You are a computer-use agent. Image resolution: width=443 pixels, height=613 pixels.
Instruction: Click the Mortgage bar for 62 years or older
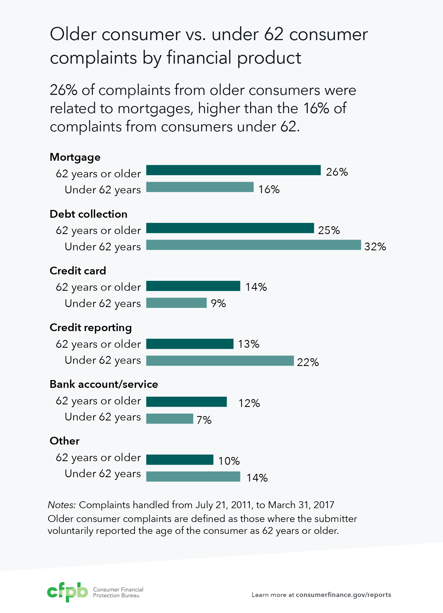233,170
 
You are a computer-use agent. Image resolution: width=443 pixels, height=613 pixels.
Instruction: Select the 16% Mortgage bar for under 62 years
200,187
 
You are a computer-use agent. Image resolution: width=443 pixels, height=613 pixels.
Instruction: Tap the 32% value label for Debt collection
375,246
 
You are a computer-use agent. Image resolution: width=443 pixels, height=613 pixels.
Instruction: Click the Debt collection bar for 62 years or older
230,228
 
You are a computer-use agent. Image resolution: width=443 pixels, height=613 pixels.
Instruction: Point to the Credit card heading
78,271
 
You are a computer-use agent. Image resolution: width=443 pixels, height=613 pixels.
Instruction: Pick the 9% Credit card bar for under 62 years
176,303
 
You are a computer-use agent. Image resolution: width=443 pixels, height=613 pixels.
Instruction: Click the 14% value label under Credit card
256,287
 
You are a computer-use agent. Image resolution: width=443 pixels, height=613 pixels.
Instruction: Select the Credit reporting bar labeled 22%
220,361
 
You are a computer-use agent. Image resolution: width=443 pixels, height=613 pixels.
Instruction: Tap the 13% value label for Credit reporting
248,344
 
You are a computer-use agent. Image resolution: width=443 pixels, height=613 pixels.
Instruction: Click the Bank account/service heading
104,384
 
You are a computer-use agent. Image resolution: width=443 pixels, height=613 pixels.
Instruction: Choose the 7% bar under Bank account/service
170,419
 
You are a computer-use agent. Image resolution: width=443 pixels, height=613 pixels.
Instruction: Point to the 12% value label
249,403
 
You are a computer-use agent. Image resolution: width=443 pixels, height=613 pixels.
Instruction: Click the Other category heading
64,441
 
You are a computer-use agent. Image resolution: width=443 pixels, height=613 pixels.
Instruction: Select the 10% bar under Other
180,460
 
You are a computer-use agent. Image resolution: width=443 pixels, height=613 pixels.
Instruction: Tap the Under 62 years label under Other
103,474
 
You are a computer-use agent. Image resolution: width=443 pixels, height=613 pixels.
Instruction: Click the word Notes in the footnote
61,505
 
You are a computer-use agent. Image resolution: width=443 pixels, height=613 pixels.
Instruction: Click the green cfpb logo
67,592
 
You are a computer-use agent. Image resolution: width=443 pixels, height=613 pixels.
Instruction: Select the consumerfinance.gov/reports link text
343,595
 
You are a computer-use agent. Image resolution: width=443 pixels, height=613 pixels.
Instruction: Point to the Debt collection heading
89,214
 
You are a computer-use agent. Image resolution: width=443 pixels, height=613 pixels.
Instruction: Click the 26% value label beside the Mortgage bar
337,172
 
